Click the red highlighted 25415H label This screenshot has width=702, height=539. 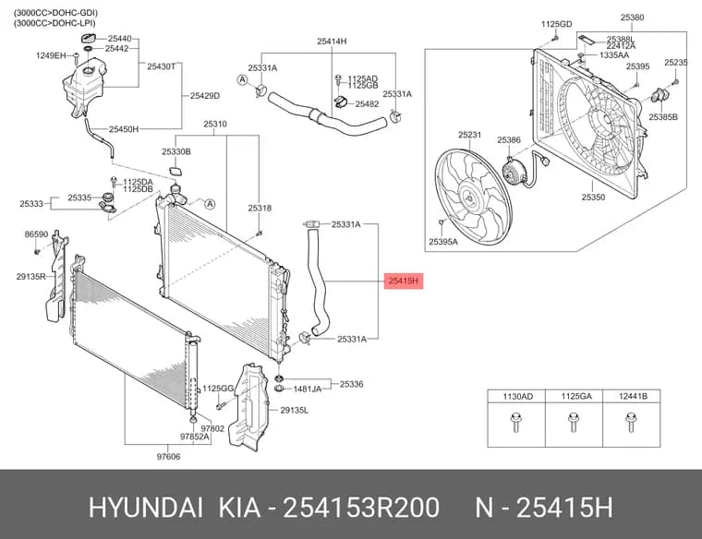point(404,281)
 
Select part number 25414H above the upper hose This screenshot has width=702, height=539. point(332,42)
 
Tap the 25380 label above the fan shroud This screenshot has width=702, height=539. point(632,18)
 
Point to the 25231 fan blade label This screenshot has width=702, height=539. point(469,135)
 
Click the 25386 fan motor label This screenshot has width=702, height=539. point(509,140)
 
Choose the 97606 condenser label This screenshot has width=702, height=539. point(168,457)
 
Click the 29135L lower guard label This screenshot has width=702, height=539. point(294,410)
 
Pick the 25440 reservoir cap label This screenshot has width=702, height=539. point(119,39)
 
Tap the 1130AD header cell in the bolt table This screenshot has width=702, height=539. point(517,396)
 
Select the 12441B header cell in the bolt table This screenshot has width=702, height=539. point(633,396)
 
